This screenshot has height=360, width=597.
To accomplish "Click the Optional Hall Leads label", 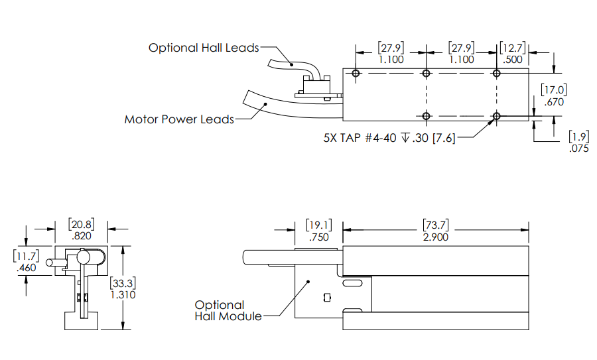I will pyautogui.click(x=203, y=48).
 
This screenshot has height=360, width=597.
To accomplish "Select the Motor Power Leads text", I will pyautogui.click(x=179, y=119).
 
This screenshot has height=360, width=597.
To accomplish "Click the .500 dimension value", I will pyautogui.click(x=513, y=59).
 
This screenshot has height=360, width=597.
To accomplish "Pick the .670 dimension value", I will pyautogui.click(x=553, y=102).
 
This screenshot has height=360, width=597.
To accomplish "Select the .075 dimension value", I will pyautogui.click(x=579, y=149).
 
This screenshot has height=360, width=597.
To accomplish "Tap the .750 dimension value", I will pyautogui.click(x=318, y=237).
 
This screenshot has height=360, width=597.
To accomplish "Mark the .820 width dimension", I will pyautogui.click(x=81, y=235).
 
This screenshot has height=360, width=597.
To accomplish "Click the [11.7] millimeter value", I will pyautogui.click(x=25, y=255).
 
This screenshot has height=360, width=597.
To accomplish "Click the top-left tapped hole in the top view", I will pyautogui.click(x=356, y=73).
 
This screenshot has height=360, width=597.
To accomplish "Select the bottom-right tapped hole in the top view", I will pyautogui.click(x=496, y=116).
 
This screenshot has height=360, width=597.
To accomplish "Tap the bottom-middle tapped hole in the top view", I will pyautogui.click(x=426, y=116).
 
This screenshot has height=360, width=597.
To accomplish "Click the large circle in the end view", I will pyautogui.click(x=84, y=256).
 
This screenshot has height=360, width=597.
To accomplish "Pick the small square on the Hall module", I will pyautogui.click(x=325, y=297).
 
